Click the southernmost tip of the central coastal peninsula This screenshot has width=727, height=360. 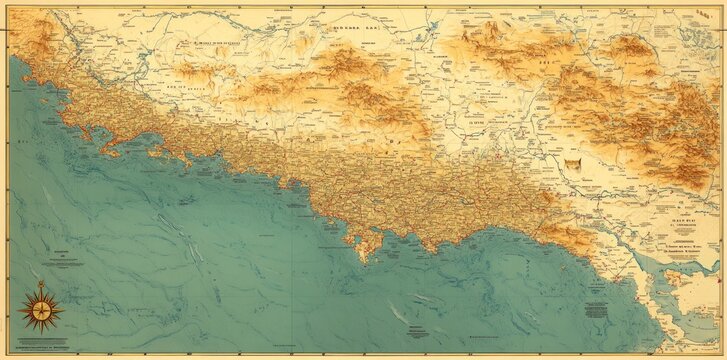[x=363, y=261]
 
